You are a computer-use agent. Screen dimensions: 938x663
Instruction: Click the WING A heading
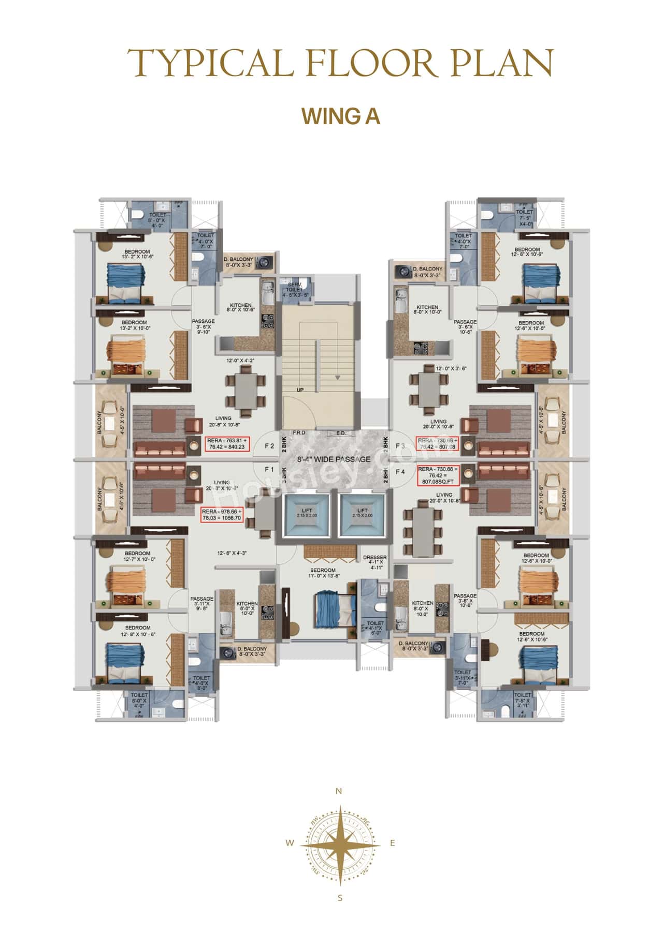click(341, 116)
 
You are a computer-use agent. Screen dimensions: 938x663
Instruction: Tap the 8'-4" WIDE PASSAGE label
click(334, 459)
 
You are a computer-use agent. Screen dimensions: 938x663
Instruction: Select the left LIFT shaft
click(307, 513)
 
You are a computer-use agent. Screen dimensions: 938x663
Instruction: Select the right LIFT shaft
click(362, 513)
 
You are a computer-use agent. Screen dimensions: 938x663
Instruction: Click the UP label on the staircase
click(300, 390)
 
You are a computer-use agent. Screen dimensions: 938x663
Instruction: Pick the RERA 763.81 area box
click(227, 443)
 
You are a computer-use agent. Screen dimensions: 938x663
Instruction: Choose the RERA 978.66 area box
click(222, 514)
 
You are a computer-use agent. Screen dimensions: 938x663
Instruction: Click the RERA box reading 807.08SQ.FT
click(438, 475)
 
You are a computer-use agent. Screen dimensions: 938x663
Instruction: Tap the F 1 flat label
click(269, 469)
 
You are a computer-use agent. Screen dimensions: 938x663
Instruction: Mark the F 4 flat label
click(400, 471)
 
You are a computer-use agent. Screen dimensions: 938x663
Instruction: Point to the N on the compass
click(339, 791)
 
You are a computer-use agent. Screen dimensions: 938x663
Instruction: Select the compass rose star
click(340, 843)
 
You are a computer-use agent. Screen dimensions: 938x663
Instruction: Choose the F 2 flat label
click(269, 446)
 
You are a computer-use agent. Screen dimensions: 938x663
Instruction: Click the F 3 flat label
click(400, 446)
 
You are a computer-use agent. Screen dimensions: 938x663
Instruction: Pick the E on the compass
click(393, 843)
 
